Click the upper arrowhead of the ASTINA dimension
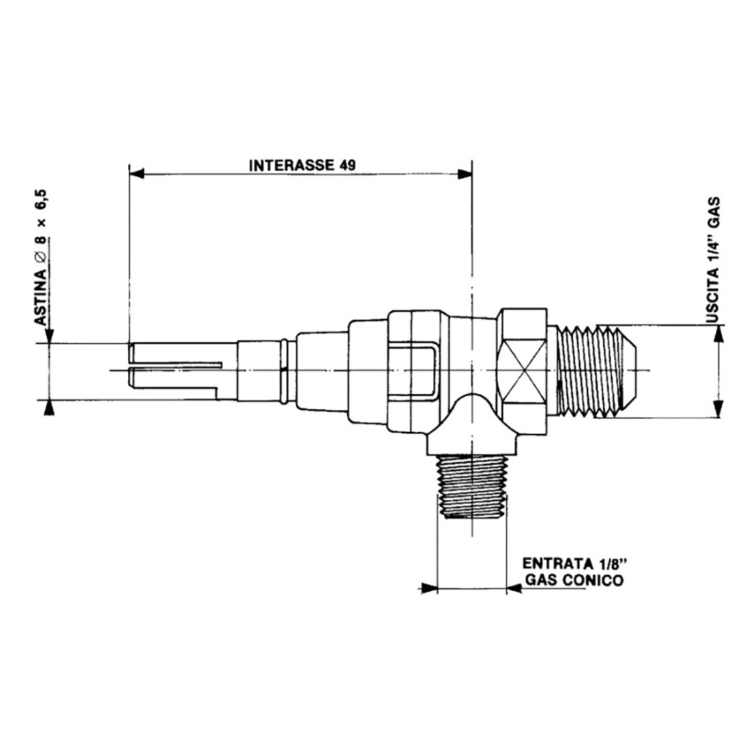(49, 335)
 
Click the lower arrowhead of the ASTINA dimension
(49, 407)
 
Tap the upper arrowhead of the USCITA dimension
(718, 333)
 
